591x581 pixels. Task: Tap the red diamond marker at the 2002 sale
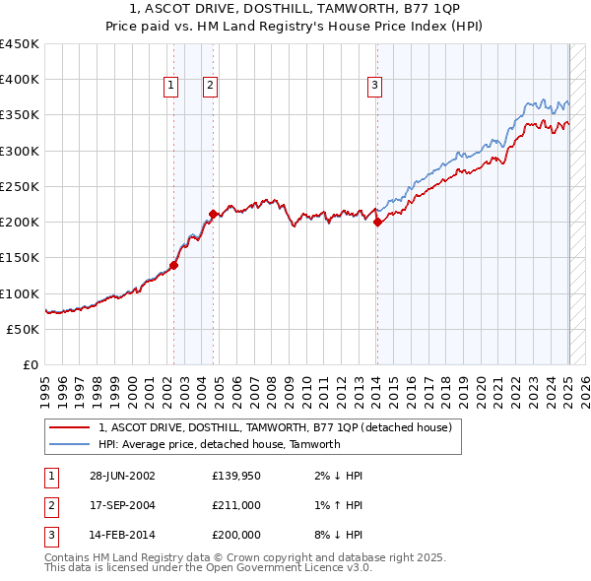click(173, 265)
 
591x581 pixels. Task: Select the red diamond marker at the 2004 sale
click(213, 214)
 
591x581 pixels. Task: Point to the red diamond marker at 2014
click(377, 222)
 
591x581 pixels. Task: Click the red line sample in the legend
click(69, 428)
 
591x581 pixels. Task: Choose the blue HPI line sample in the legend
click(69, 444)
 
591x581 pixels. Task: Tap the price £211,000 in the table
click(236, 506)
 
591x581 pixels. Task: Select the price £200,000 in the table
click(236, 536)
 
